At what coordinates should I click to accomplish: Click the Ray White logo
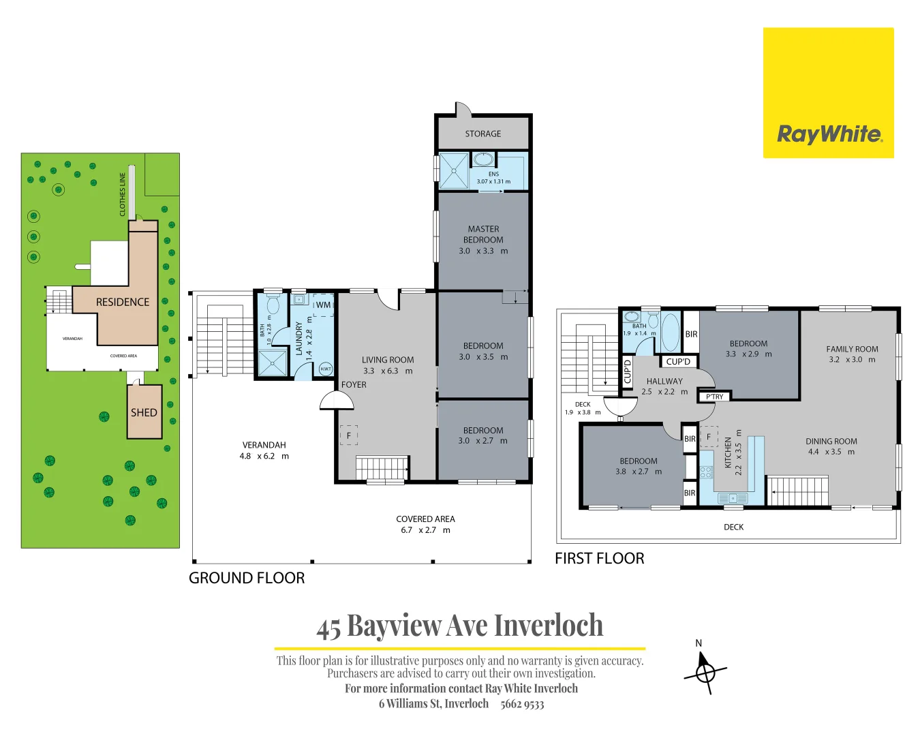(x=828, y=93)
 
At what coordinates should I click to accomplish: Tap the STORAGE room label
(x=482, y=134)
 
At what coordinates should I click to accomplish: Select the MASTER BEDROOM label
(x=483, y=234)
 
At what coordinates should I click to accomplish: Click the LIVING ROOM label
(x=388, y=360)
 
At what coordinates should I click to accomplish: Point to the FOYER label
(x=354, y=384)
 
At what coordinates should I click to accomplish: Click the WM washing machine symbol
(x=323, y=305)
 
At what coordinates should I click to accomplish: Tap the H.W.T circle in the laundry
(x=326, y=369)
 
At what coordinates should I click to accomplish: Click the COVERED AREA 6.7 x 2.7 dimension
(x=425, y=530)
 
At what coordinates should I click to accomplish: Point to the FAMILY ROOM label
(x=852, y=349)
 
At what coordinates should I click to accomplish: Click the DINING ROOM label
(x=831, y=441)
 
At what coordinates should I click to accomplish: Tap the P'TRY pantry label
(x=714, y=397)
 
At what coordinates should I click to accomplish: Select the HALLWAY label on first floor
(x=664, y=381)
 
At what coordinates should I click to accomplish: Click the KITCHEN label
(x=728, y=453)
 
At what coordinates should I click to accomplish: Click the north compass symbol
(x=705, y=672)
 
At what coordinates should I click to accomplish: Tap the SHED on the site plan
(x=144, y=412)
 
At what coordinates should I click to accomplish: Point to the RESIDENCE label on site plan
(x=123, y=302)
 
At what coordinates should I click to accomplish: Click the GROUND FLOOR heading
(x=247, y=578)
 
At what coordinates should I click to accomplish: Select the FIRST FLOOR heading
(x=599, y=559)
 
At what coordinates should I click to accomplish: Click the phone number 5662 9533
(x=522, y=704)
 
